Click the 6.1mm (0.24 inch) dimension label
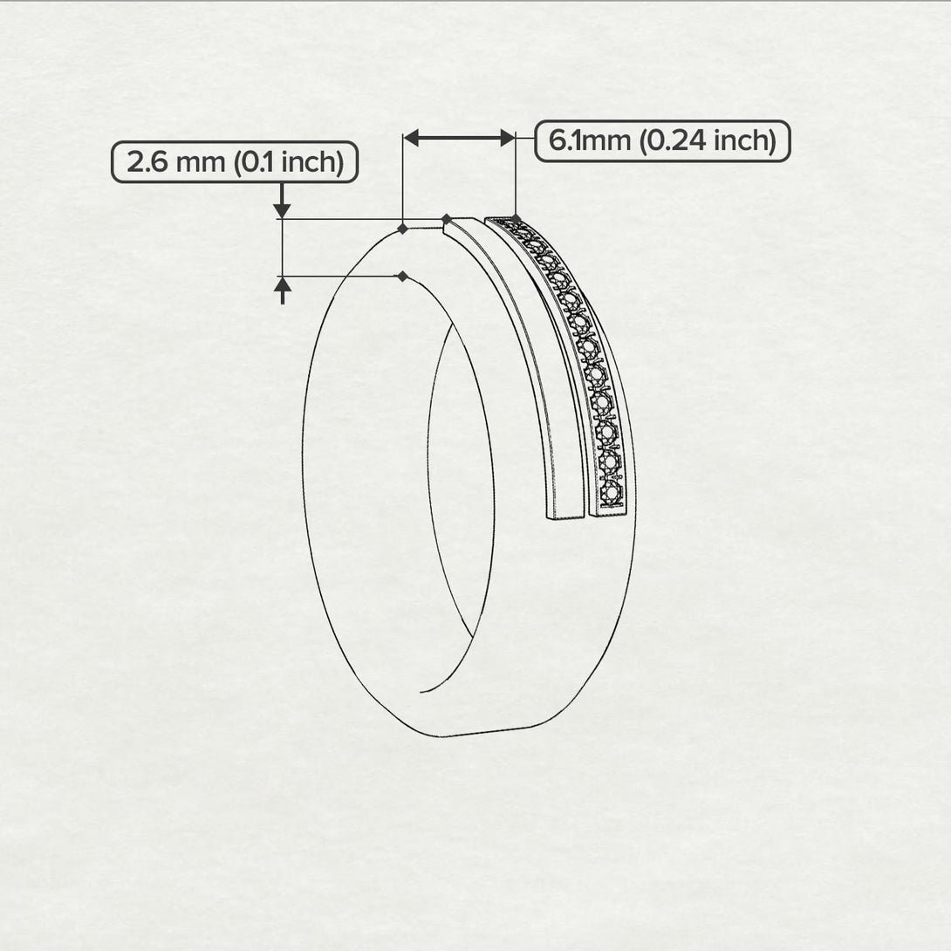click(662, 140)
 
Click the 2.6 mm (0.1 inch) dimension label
click(234, 162)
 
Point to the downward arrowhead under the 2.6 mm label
click(282, 209)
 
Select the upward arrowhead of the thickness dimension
click(282, 284)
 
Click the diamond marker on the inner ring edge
click(402, 277)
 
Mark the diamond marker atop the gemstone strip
click(516, 218)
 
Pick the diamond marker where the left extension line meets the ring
click(402, 229)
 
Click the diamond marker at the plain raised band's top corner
click(446, 218)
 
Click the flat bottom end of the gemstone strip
click(611, 513)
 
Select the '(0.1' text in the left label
click(255, 162)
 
